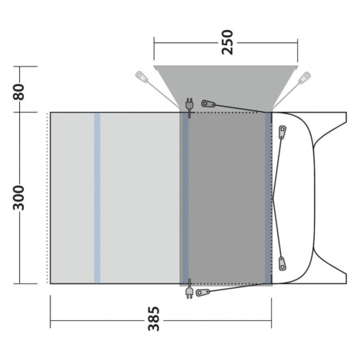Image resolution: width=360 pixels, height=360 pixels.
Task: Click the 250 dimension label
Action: [227, 42]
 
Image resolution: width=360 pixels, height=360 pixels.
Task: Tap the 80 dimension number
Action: [19, 92]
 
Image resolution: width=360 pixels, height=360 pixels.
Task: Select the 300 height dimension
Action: [19, 198]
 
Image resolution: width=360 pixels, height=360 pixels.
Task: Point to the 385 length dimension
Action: [154, 319]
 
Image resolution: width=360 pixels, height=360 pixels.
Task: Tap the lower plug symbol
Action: [189, 289]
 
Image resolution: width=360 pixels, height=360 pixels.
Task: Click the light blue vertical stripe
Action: [97, 198]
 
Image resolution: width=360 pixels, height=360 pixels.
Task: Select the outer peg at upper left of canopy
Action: [142, 77]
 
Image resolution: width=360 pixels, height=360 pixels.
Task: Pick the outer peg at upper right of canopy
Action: [305, 77]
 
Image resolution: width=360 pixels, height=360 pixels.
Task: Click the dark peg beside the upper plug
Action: [208, 103]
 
